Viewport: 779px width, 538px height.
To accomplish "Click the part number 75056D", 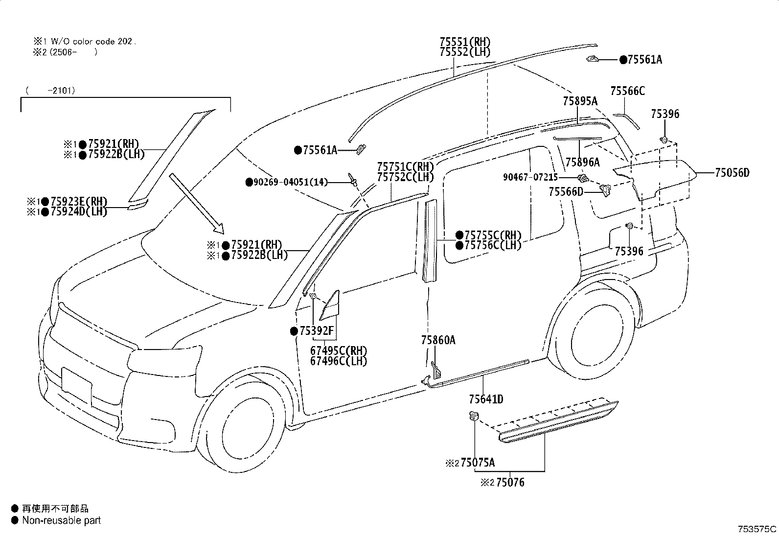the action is (732, 173).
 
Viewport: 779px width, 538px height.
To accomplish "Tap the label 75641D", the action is (486, 399).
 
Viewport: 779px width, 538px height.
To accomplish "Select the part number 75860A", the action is (438, 340).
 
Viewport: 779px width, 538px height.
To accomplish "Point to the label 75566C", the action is (628, 91).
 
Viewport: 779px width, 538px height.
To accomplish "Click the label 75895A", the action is (580, 101).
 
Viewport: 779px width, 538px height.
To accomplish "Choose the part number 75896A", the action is (582, 162).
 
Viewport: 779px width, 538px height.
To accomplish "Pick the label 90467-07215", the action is (530, 178).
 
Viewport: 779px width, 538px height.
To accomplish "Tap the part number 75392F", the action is (317, 331).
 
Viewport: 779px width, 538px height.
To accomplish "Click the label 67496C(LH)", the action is (339, 361).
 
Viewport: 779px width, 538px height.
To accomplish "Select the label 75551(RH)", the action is (465, 42).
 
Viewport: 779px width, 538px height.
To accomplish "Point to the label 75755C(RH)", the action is (493, 235).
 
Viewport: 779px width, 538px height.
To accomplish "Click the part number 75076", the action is (510, 482).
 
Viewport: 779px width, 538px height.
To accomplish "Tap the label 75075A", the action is (478, 463).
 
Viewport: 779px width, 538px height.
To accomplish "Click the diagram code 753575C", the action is (757, 529).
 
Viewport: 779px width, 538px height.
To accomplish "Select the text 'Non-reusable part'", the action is (62, 520).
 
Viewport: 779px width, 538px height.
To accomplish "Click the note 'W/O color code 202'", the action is (92, 42).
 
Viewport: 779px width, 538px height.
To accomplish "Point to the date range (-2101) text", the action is (50, 91).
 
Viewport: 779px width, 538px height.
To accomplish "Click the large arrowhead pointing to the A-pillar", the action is (218, 228).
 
